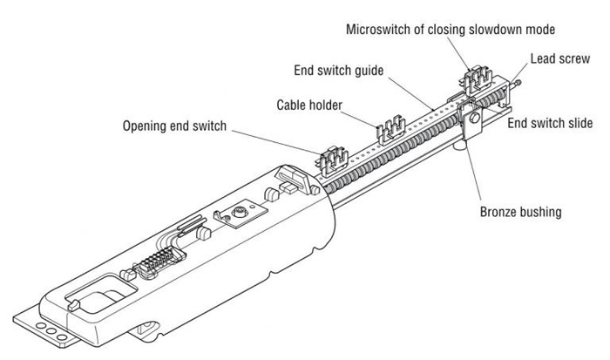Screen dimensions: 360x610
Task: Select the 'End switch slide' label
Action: (550, 124)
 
